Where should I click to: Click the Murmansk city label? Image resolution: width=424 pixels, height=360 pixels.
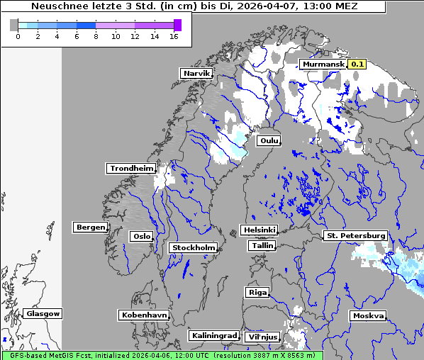point(323,64)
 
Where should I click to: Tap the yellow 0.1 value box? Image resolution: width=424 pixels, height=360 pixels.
point(357,64)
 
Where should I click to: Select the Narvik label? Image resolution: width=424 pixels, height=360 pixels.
point(196,73)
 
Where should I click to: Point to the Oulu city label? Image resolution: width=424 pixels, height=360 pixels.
point(269,140)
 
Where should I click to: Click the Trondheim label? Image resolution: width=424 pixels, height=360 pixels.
point(131,168)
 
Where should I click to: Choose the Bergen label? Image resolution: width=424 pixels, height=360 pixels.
point(90,227)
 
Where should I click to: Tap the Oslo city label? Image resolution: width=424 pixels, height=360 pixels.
point(141,236)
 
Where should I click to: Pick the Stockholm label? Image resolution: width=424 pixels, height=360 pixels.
point(194,247)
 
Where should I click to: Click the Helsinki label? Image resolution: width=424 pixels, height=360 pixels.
point(259,230)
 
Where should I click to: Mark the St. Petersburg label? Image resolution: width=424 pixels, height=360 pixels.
point(355,235)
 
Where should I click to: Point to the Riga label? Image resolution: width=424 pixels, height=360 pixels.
point(256,292)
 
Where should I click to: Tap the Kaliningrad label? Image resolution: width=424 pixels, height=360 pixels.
point(213,335)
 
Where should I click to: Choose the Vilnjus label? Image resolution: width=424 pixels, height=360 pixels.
point(262,337)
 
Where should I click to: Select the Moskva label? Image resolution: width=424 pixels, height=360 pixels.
point(368,315)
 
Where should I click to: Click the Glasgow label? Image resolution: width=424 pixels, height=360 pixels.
point(43,313)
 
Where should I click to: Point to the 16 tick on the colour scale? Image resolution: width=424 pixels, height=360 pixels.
point(173,36)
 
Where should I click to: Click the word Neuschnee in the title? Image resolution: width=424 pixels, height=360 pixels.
point(58,6)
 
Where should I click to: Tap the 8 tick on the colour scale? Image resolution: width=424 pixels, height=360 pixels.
point(95,36)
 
